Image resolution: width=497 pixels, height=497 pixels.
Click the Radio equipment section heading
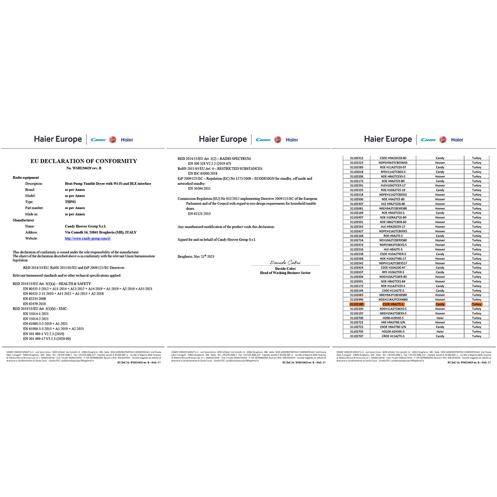pos(26,177)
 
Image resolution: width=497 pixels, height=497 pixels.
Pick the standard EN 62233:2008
pos(35,299)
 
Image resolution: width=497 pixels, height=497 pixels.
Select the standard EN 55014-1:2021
pos(36,314)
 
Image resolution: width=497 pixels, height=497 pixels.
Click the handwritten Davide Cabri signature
pos(282,261)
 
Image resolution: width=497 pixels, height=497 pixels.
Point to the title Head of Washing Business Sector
pos(285,273)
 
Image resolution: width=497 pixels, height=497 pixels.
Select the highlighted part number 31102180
pos(356,304)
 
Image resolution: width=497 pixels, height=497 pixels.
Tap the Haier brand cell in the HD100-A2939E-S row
pos(440,331)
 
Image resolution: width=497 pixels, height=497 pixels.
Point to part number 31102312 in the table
pos(356,158)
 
